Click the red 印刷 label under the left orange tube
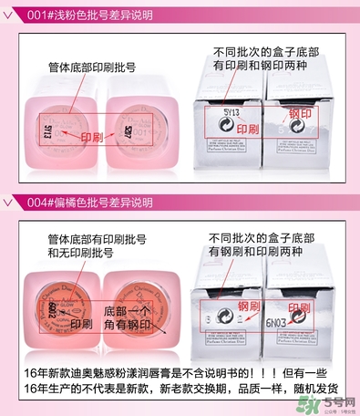[x=81, y=323]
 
